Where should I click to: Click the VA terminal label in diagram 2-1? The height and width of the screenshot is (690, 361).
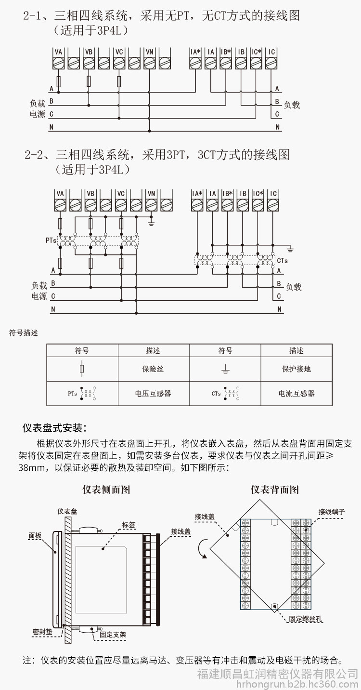click(58, 52)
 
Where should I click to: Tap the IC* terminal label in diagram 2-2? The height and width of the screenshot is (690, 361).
click(258, 193)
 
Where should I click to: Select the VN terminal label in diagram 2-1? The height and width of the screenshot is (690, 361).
click(150, 52)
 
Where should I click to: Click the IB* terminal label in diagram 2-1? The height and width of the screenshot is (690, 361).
click(226, 52)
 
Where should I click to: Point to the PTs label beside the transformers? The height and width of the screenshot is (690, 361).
click(51, 240)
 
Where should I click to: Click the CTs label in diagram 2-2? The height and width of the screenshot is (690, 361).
click(282, 261)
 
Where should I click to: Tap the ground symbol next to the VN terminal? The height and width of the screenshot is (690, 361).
click(151, 223)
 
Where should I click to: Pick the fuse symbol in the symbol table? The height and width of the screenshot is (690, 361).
click(82, 369)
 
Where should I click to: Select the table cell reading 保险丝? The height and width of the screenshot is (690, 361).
click(153, 369)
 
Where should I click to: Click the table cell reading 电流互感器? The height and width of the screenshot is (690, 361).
click(297, 393)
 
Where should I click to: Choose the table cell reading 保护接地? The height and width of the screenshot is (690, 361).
click(297, 369)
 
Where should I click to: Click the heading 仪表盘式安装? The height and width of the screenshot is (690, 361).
click(54, 428)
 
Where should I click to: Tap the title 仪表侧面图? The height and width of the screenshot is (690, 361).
click(106, 490)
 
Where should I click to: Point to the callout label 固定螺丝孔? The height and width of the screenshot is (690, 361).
click(306, 619)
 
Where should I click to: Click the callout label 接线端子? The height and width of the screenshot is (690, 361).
click(332, 512)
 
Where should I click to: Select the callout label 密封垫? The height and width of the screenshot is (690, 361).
click(42, 632)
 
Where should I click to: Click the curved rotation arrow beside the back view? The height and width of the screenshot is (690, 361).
click(202, 549)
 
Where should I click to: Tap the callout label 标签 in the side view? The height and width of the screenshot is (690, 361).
click(129, 525)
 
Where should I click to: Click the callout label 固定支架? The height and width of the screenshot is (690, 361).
click(113, 635)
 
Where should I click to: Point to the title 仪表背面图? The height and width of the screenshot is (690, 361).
click(275, 490)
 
